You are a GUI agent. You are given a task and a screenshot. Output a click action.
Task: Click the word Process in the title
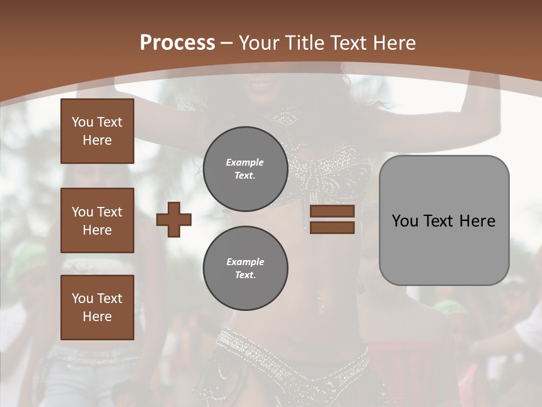tap(177, 42)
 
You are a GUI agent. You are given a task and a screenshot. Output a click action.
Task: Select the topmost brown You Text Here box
tap(97, 131)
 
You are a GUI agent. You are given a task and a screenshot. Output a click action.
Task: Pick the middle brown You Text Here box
tap(97, 220)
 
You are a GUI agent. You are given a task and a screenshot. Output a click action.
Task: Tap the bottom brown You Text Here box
tap(97, 308)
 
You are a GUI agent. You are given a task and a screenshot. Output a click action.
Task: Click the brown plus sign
tap(174, 220)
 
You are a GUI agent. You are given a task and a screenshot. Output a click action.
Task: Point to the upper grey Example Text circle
tap(245, 168)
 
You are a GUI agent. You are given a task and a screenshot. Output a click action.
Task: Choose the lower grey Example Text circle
tap(245, 268)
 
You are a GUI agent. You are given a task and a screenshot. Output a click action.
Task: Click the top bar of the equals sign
tap(332, 211)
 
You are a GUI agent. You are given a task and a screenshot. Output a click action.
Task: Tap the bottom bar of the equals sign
tap(332, 227)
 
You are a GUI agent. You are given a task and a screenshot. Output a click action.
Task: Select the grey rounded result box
tap(444, 220)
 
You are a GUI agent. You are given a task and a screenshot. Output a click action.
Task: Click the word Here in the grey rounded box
tap(478, 220)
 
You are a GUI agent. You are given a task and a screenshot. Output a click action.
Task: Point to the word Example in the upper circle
tap(245, 162)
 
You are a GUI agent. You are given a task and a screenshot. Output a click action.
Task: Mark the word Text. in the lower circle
tap(245, 275)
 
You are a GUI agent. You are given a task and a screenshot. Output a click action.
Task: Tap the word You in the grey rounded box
tap(405, 220)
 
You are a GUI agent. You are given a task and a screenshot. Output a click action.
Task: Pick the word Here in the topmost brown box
tap(97, 140)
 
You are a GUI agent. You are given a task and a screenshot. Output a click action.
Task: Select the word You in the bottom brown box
tap(82, 298)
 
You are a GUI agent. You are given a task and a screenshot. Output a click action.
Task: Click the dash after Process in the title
tap(227, 43)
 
